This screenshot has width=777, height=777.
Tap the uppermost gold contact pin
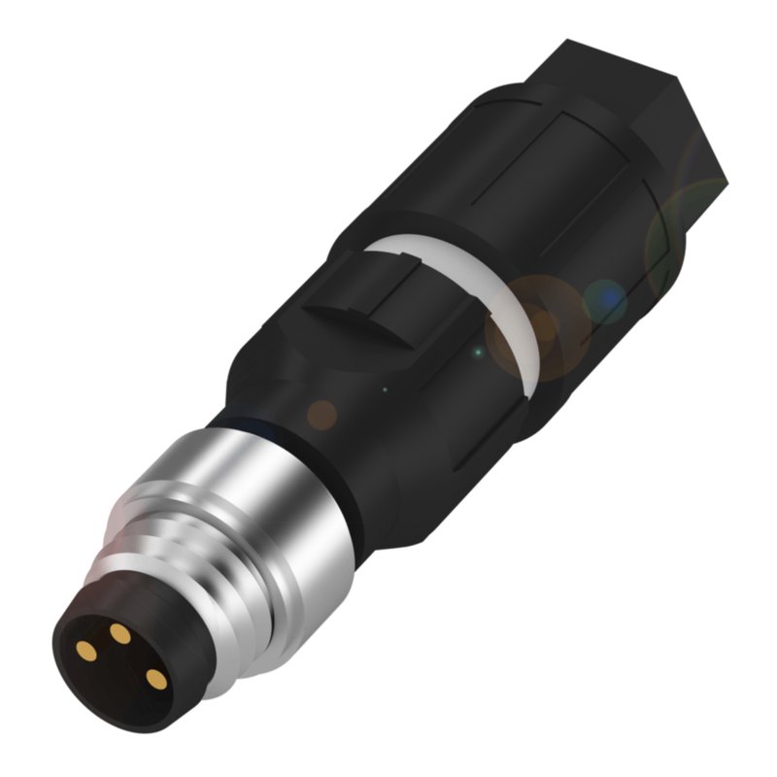coord(120,633)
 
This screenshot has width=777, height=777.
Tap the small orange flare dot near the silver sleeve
coord(321,415)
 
